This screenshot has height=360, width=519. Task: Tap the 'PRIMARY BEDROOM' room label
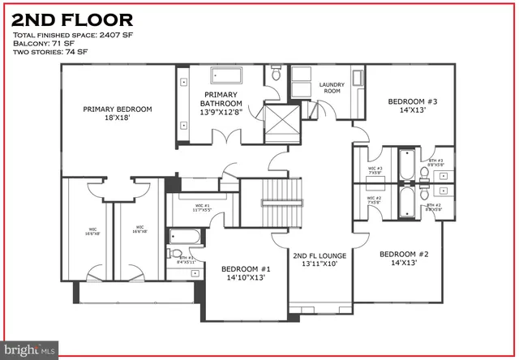[x=118, y=113]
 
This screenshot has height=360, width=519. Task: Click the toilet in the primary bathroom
[x=277, y=75]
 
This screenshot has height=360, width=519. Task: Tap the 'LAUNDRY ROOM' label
[x=332, y=88]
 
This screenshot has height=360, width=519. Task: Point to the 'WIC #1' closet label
[x=201, y=208]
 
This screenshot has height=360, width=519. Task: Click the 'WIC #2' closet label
[x=374, y=199]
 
